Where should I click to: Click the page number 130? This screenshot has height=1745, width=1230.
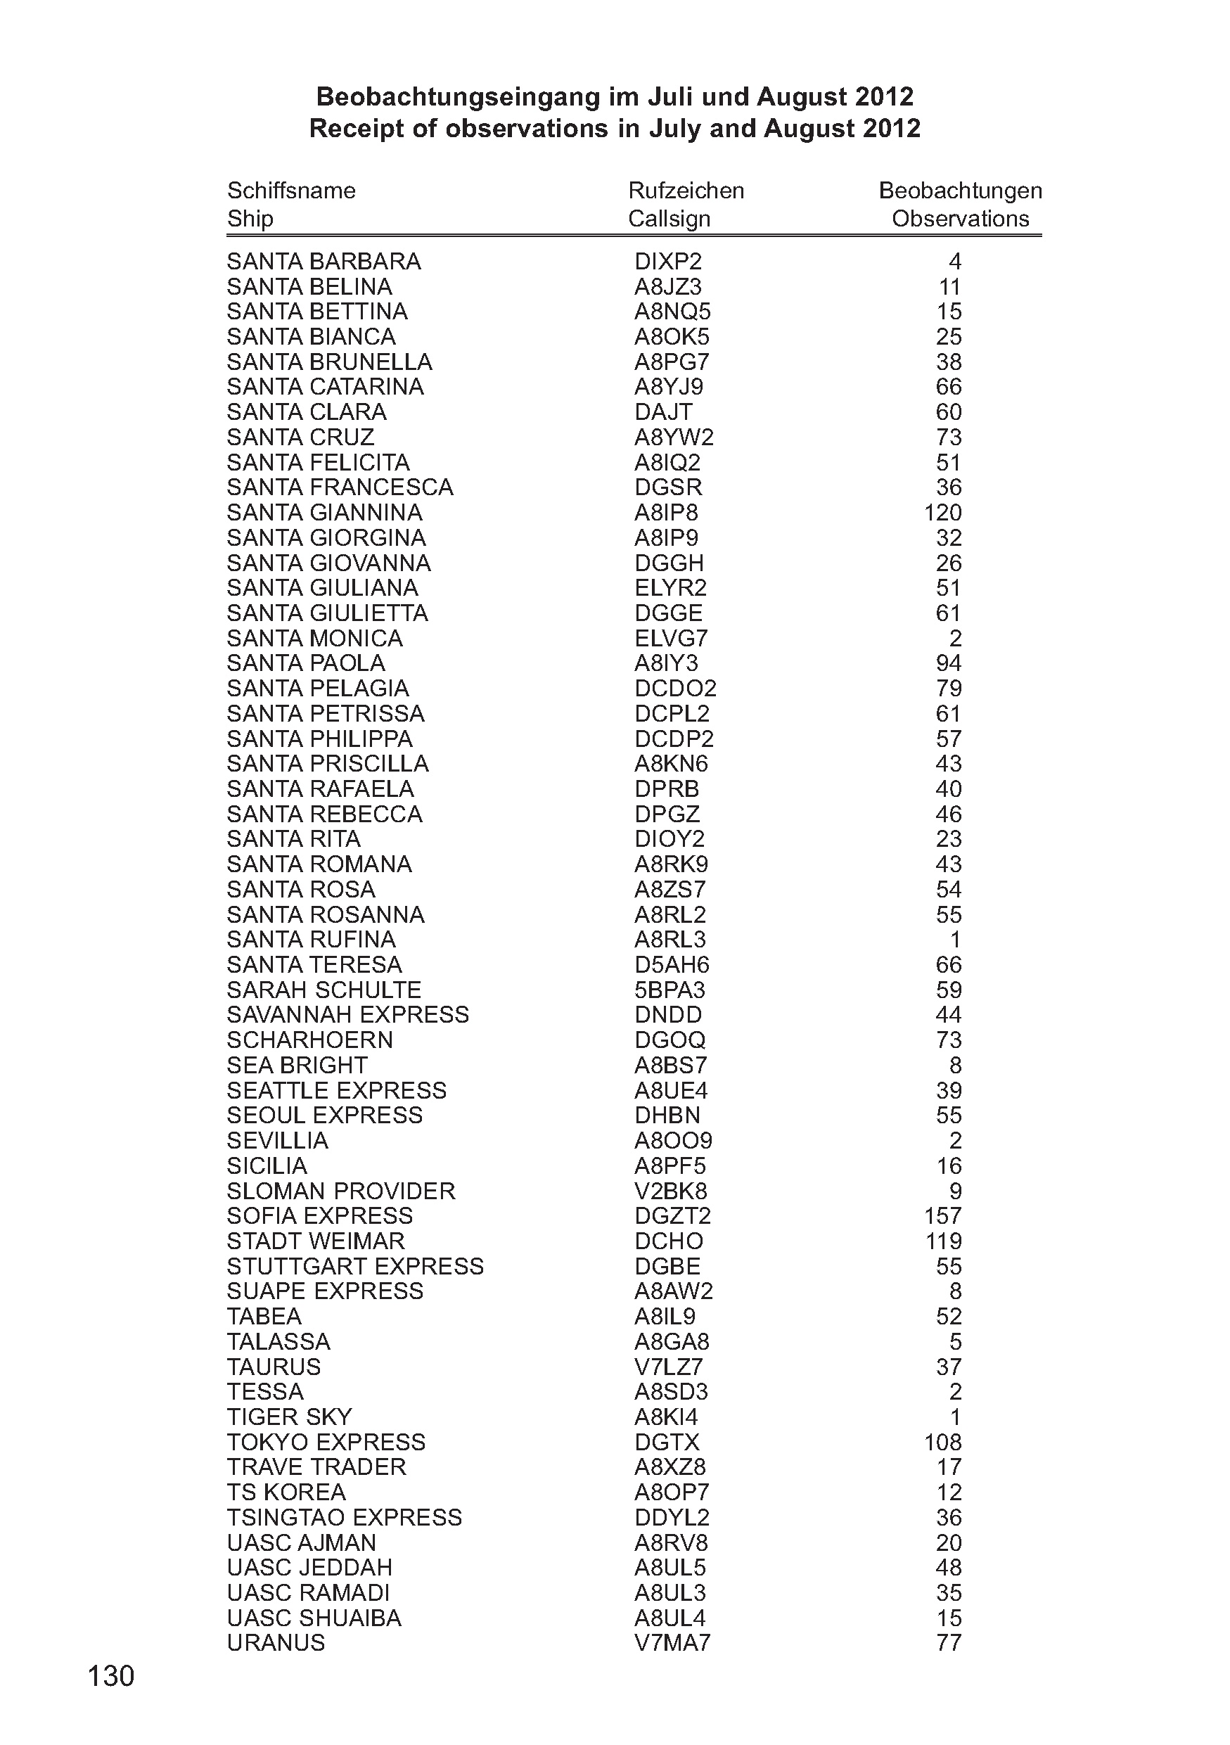111,1675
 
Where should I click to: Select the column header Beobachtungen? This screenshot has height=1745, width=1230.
959,190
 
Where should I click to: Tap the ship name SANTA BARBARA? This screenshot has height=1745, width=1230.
323,262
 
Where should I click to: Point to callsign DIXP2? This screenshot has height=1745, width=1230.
668,262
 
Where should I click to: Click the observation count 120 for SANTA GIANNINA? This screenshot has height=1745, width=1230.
942,512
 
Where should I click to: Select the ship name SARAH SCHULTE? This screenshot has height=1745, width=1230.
323,990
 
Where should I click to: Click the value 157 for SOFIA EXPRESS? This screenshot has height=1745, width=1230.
942,1215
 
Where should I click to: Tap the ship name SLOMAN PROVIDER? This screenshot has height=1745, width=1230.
341,1190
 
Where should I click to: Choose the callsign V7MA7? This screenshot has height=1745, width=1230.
672,1642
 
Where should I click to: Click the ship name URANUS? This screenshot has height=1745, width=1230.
276,1642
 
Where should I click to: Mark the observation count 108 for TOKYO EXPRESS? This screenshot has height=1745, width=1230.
942,1442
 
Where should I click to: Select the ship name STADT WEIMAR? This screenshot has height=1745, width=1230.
315,1240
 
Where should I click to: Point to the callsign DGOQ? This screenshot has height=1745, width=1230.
670,1040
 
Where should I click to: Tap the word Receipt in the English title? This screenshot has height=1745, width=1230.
354,129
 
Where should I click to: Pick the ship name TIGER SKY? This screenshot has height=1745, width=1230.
290,1417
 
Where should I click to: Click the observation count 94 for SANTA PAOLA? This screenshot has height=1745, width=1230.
948,663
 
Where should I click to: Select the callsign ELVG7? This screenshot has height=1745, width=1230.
670,638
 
